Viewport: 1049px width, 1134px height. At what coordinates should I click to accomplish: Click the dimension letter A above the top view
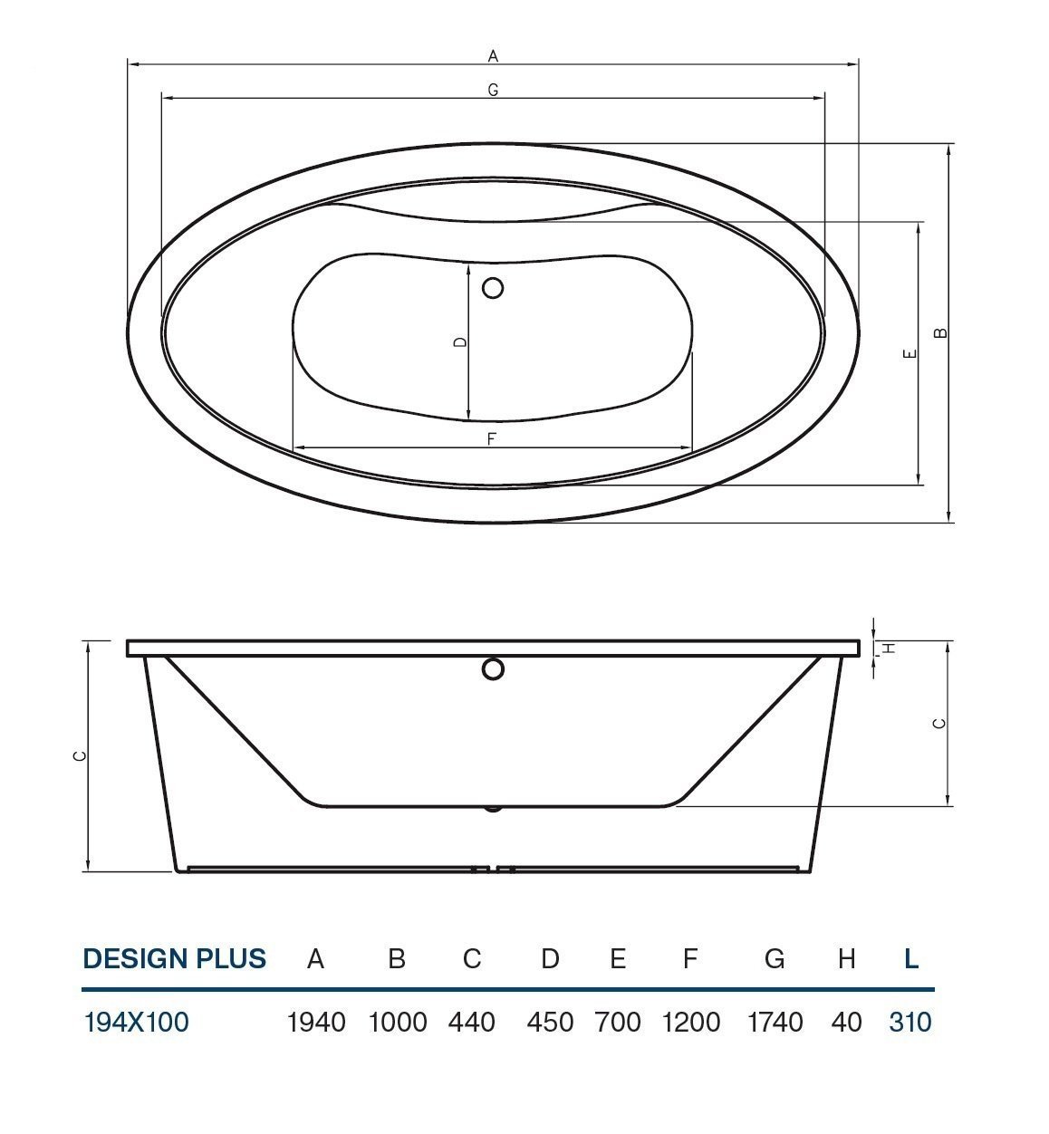tap(493, 56)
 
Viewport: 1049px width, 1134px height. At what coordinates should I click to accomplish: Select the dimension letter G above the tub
tap(493, 90)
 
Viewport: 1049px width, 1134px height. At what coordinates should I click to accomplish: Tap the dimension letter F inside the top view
tap(491, 438)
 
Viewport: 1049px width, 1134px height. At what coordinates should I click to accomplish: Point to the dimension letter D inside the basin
tap(460, 341)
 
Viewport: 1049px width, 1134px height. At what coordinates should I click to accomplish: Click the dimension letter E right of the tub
tap(909, 353)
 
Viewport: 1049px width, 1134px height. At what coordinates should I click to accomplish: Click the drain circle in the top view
tap(493, 288)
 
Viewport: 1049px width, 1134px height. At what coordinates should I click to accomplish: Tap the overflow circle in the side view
tap(493, 668)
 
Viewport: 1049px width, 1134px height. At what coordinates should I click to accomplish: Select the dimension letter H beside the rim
tap(890, 648)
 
